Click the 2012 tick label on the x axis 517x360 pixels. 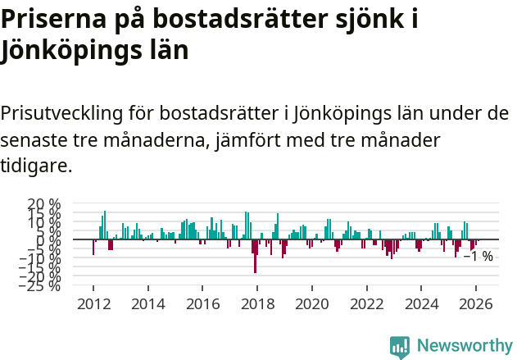tap(93, 303)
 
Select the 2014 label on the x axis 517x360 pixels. tap(148, 303)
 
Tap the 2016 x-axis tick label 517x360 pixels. tap(202, 303)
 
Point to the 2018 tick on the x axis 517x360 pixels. tap(257, 303)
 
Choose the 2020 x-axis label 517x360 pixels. tap(312, 303)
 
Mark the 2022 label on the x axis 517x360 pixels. tap(367, 303)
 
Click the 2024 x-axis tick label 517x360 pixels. tap(422, 303)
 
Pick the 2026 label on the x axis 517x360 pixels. tap(477, 303)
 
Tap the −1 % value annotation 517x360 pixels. tap(478, 257)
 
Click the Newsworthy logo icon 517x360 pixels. tap(400, 346)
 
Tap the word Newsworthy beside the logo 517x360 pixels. tap(464, 346)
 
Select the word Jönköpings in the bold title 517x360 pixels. tap(70, 50)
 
